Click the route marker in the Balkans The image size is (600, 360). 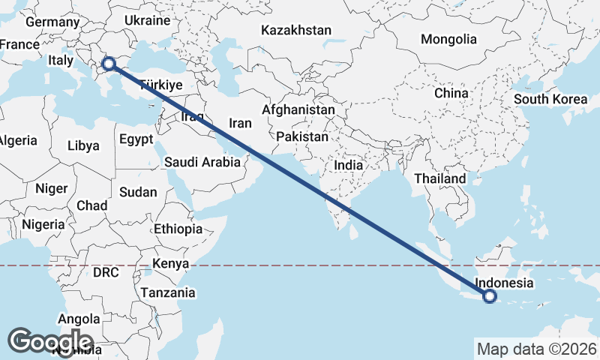click(x=109, y=64)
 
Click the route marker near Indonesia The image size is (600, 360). click(x=490, y=296)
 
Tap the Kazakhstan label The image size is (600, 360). click(x=296, y=31)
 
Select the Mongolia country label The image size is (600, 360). click(x=448, y=39)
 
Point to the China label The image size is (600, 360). click(x=451, y=93)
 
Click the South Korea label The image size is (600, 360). click(x=550, y=99)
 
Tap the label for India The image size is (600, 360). click(x=349, y=165)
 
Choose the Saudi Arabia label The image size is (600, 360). click(x=202, y=161)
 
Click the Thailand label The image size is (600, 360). click(x=440, y=179)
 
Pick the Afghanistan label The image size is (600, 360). click(x=298, y=109)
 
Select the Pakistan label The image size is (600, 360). click(x=302, y=137)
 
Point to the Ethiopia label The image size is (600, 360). click(x=178, y=229)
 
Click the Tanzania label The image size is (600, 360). click(x=169, y=292)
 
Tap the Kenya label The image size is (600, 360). click(x=170, y=263)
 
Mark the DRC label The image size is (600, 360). click(x=106, y=272)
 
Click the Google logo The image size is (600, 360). click(x=51, y=340)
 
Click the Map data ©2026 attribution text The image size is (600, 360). click(x=536, y=349)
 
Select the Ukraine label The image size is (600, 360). click(x=148, y=19)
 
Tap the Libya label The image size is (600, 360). click(x=82, y=145)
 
